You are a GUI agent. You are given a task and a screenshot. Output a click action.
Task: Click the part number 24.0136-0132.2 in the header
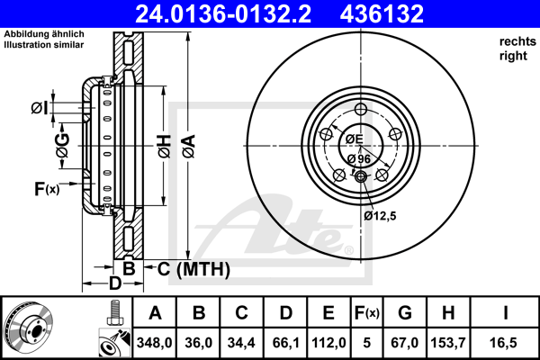223,14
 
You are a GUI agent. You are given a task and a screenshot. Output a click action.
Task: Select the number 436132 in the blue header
382,14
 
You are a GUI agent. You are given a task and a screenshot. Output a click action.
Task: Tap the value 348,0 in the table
154,343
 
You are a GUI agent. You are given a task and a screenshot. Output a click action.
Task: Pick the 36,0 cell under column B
198,343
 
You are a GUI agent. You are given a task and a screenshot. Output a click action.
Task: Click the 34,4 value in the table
241,343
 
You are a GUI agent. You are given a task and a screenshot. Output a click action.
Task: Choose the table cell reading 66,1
285,343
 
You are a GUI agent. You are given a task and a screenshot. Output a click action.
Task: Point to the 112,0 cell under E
328,343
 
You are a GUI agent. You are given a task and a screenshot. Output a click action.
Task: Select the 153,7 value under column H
448,343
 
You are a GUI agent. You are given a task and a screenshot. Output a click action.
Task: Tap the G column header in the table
405,313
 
